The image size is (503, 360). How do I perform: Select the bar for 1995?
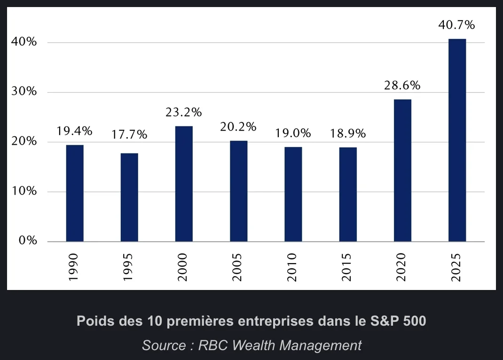click(x=129, y=197)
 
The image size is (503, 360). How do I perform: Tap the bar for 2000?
click(x=184, y=184)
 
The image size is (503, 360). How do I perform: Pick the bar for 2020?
click(x=402, y=170)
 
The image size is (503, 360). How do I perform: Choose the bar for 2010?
click(x=293, y=194)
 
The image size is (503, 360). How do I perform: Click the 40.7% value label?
click(x=456, y=25)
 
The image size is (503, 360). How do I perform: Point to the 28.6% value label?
click(x=402, y=86)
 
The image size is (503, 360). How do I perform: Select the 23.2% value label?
click(x=183, y=113)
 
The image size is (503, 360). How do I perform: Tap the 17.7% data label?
click(x=129, y=135)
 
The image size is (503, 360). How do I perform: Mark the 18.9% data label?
click(x=348, y=133)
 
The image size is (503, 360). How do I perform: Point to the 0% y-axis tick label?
click(x=27, y=241)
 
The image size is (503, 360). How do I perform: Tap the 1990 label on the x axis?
click(x=74, y=267)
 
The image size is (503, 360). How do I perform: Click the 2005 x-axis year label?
click(x=238, y=267)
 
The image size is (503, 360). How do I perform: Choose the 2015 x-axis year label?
click(x=347, y=267)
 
